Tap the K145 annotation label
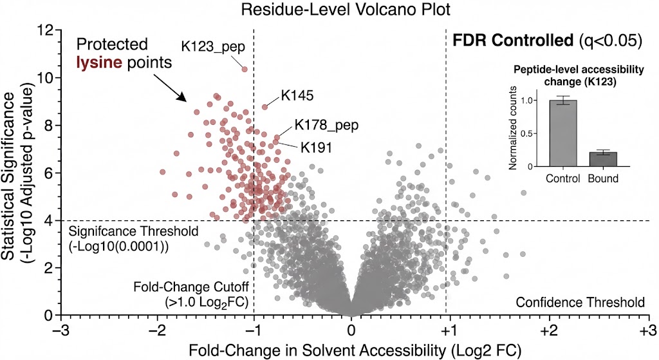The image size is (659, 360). tap(297, 96)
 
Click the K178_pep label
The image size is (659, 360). tap(326, 125)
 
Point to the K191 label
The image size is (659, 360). tap(316, 147)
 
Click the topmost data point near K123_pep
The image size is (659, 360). tap(245, 69)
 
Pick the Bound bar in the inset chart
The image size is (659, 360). tap(602, 159)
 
